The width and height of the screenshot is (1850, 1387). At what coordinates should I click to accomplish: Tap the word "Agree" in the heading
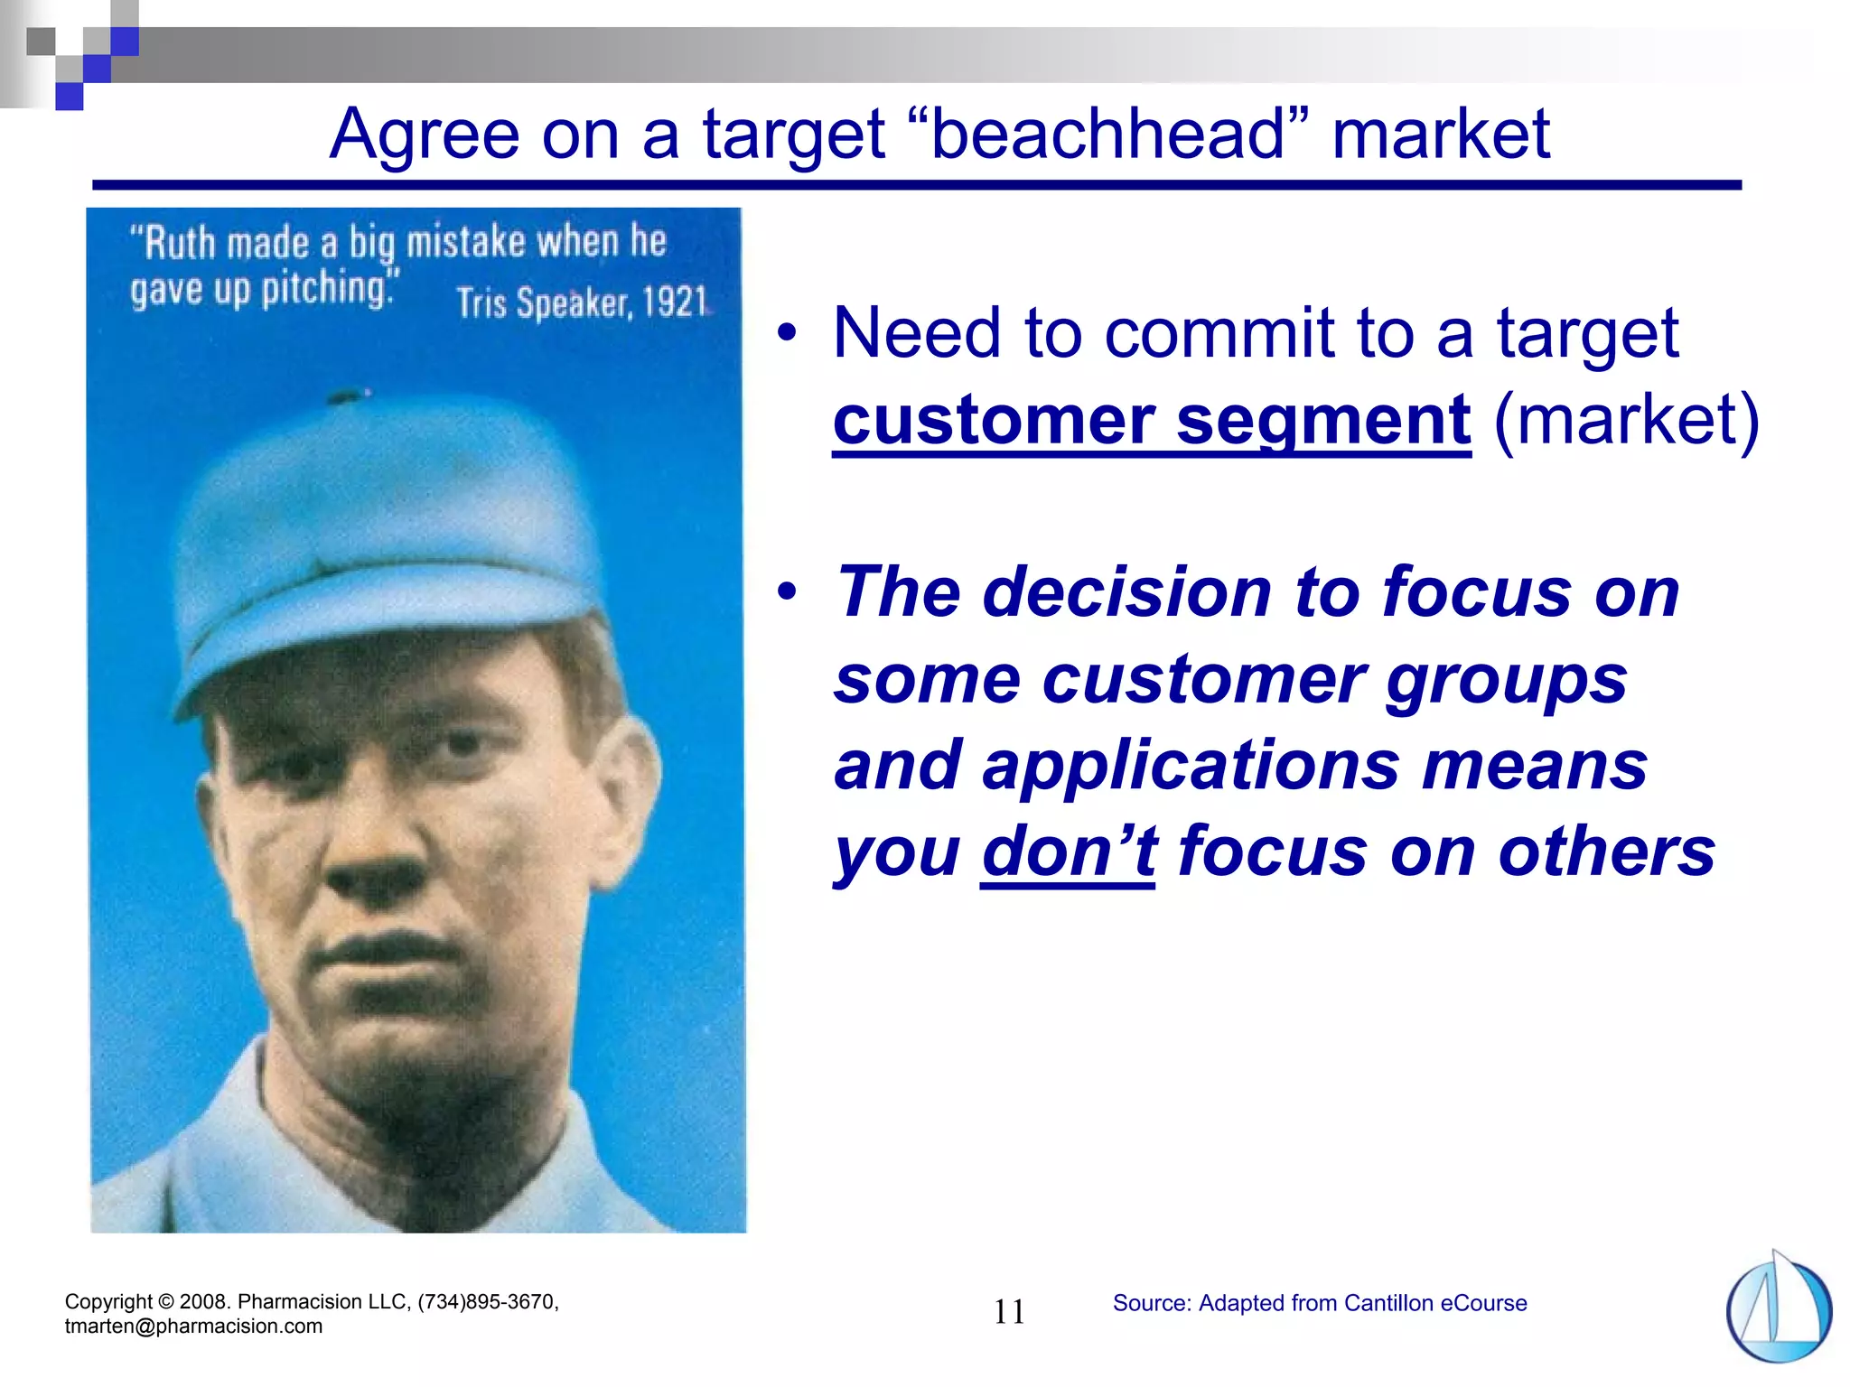[x=424, y=135]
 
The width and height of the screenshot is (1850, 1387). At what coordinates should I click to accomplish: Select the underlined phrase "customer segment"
[x=1151, y=421]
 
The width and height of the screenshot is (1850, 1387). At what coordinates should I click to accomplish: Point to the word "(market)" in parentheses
[x=1626, y=421]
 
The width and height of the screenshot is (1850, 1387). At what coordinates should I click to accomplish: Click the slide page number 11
[x=1009, y=1312]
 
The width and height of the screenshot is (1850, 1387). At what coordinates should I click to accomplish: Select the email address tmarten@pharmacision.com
[x=193, y=1326]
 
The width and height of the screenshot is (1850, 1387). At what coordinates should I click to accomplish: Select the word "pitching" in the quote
[x=325, y=290]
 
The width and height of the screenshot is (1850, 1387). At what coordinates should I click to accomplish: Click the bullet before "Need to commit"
[x=788, y=332]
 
